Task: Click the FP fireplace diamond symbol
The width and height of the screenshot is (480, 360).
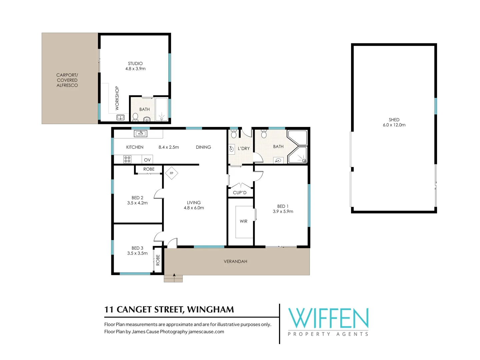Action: coord(171,173)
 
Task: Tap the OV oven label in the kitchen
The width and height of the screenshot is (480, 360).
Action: coord(147,160)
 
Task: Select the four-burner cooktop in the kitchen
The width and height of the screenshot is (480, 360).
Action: coord(127,159)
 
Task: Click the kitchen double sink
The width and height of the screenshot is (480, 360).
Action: coord(140,133)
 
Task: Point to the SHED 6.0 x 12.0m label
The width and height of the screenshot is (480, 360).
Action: coord(394,122)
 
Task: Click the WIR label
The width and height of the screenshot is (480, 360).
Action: coord(243,221)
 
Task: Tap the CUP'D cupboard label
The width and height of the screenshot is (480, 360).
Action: coord(240,193)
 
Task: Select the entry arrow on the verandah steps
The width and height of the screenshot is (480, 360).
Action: coord(174,278)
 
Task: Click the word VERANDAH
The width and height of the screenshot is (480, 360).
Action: coord(236,261)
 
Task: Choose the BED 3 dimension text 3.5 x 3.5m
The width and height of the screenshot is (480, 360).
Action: coord(137,253)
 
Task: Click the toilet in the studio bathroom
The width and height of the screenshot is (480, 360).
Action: coord(135,117)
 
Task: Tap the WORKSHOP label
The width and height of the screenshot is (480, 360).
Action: coord(117,98)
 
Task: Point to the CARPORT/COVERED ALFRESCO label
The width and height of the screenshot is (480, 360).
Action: coord(67,80)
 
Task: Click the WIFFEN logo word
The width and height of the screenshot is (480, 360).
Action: coord(328,318)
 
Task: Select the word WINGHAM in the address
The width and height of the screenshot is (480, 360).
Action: coord(211,310)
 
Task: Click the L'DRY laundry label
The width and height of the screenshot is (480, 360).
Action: coord(244,148)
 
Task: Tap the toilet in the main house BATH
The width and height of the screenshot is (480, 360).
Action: coord(264,134)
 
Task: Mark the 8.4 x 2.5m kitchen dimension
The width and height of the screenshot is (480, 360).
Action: coord(169,147)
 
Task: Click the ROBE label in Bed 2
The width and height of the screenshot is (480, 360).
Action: coord(149,169)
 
